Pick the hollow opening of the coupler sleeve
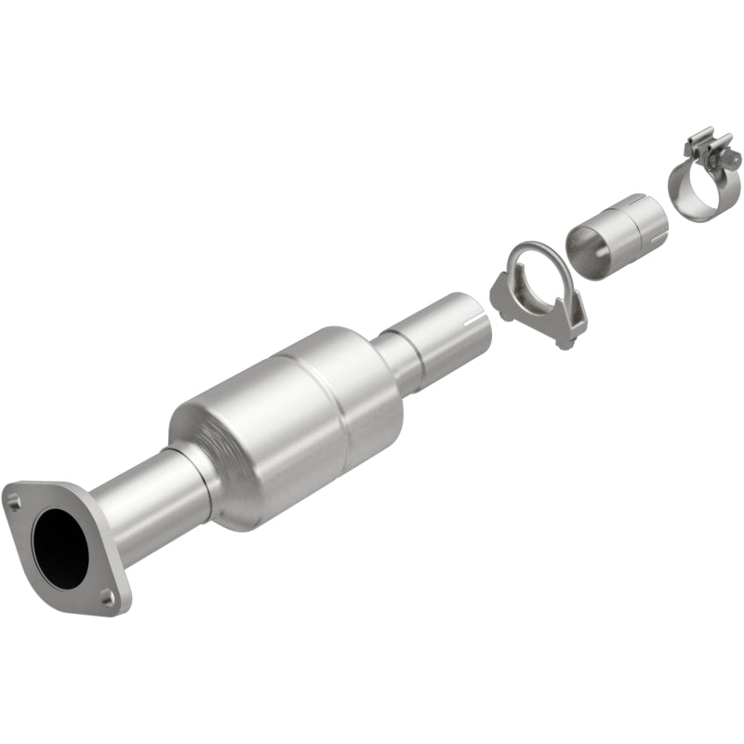click(x=584, y=246)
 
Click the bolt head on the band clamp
click(x=735, y=162)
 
